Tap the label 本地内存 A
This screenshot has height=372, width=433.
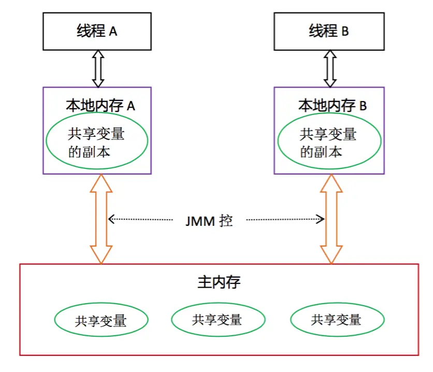pyautogui.click(x=100, y=106)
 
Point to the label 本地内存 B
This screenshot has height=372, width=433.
pyautogui.click(x=333, y=106)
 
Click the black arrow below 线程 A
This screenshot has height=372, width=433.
pyautogui.click(x=98, y=68)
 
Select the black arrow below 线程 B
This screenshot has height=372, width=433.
pyautogui.click(x=330, y=68)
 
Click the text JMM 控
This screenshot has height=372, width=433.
pyautogui.click(x=209, y=221)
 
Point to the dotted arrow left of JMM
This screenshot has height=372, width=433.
pyautogui.click(x=140, y=219)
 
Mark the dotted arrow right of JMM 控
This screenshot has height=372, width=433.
pyautogui.click(x=285, y=219)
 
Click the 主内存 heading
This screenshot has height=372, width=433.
pyautogui.click(x=219, y=282)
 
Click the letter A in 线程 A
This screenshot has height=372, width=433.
pyautogui.click(x=113, y=32)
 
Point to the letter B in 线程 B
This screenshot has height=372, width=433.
pyautogui.click(x=345, y=31)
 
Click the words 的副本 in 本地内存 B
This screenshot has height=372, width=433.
pyautogui.click(x=321, y=152)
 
